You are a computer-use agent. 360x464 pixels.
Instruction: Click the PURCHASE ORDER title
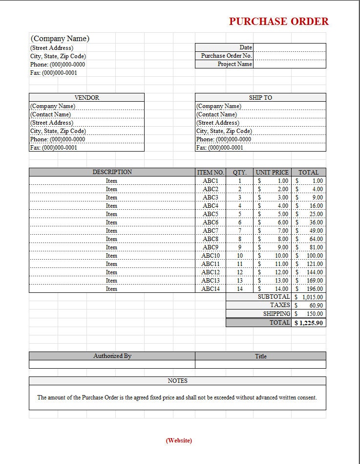tap(279, 22)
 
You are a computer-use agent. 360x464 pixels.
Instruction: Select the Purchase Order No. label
tap(226, 56)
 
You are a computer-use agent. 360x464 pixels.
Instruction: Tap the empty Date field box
tap(289, 47)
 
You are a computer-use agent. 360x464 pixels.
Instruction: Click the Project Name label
tap(234, 64)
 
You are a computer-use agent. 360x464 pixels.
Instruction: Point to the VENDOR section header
tap(86, 98)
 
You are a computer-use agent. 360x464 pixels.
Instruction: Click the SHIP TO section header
tap(260, 98)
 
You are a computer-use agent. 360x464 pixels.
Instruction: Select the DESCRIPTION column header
tap(112, 172)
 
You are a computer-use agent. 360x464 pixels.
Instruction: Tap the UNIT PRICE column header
tap(272, 172)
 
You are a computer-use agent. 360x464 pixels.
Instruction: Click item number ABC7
tap(211, 231)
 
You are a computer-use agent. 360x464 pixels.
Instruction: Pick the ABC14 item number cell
tap(211, 289)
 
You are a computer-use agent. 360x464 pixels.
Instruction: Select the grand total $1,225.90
tap(309, 323)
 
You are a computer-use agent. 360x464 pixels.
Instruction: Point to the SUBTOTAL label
tap(274, 297)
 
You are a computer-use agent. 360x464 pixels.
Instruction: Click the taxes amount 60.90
tap(316, 306)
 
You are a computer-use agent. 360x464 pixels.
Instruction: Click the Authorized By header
tap(112, 356)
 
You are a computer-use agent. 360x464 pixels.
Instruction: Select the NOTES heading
tap(177, 381)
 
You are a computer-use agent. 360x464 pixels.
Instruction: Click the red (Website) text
tap(179, 441)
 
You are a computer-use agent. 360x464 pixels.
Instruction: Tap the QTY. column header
tap(239, 172)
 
